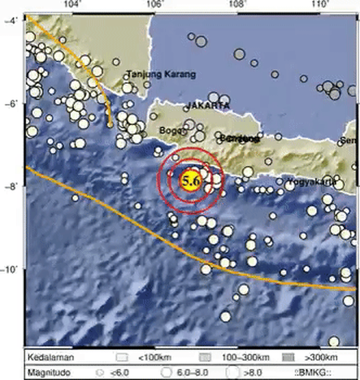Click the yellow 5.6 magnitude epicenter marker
[x=190, y=181]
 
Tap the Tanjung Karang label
[x=161, y=74]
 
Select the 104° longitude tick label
[x=70, y=5]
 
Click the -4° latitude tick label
[x=11, y=21]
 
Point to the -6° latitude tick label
[x=11, y=104]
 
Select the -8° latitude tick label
[x=11, y=187]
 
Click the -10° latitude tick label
[x=10, y=270]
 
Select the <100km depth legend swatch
[x=120, y=357]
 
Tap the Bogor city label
[x=171, y=131]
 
